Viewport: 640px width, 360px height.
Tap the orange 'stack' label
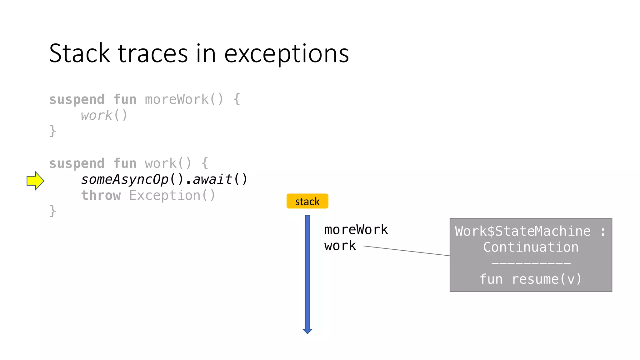click(x=307, y=201)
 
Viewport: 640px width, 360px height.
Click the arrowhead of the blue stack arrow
click(x=307, y=331)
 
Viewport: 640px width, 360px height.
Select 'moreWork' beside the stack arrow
click(x=356, y=230)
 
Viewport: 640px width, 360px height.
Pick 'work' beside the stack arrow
click(x=340, y=246)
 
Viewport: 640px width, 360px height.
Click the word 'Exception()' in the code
click(x=172, y=196)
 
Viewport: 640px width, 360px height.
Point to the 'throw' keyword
click(x=101, y=196)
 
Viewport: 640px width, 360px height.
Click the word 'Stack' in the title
click(x=79, y=53)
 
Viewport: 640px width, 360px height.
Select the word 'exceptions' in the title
click(x=286, y=54)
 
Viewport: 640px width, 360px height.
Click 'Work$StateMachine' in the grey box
click(x=522, y=232)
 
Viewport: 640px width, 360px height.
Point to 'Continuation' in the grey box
click(x=531, y=247)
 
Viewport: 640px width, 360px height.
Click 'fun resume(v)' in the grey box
click(x=531, y=279)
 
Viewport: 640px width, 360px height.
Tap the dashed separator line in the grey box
click(x=531, y=263)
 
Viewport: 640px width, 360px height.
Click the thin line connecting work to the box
click(x=406, y=251)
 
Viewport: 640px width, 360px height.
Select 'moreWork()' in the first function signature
click(x=184, y=100)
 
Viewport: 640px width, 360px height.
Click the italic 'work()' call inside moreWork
click(x=104, y=116)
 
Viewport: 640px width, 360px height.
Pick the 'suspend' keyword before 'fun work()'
click(x=77, y=164)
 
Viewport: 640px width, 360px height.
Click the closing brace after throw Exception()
click(x=53, y=211)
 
